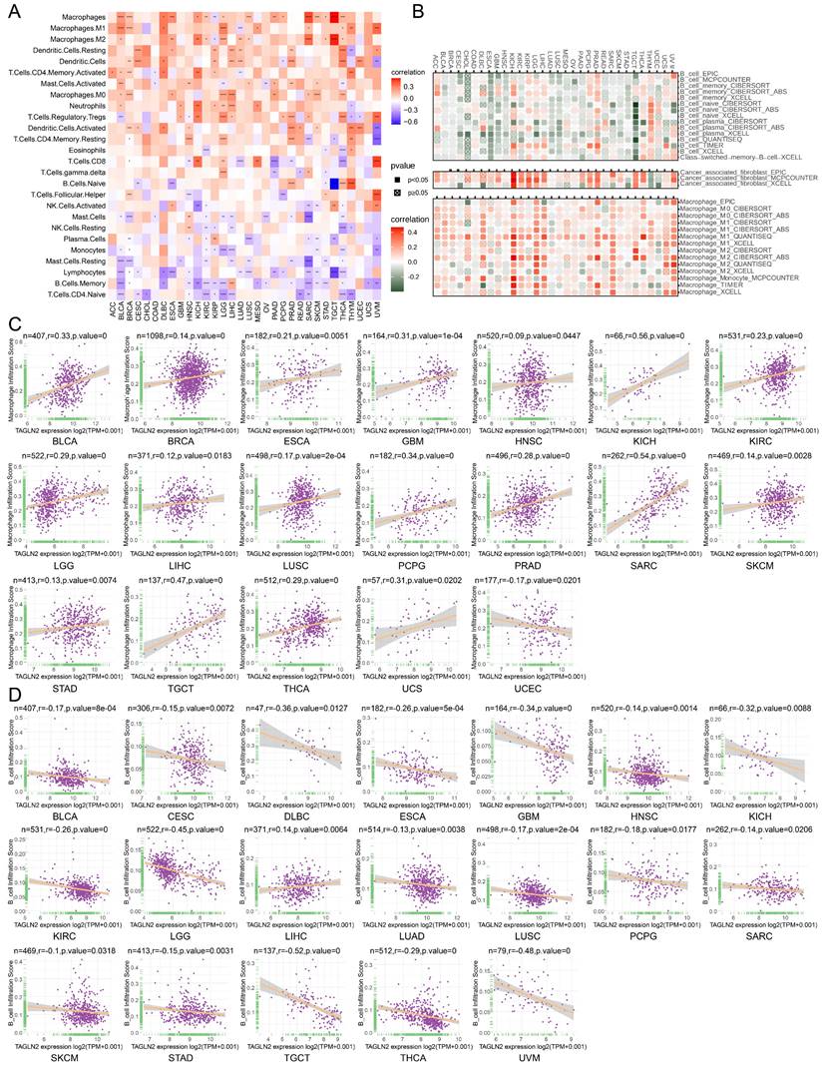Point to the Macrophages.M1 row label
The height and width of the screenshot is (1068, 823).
[x=81, y=29]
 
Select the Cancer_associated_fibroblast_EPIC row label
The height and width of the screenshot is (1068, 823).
[x=733, y=172]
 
